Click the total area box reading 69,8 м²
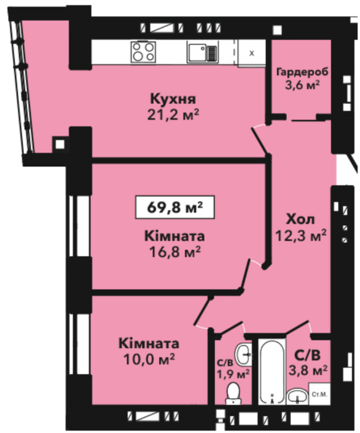tap(175, 207)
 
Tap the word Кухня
tap(173, 99)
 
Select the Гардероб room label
tap(302, 72)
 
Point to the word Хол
tap(301, 220)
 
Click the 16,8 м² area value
tap(174, 252)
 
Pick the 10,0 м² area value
tap(149, 359)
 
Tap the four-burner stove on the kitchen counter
tap(143, 52)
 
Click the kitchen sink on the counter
tap(203, 52)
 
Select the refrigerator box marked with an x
tap(251, 53)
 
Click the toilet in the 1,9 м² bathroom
tap(233, 393)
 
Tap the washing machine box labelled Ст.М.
tap(320, 394)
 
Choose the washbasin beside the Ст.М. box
tap(297, 396)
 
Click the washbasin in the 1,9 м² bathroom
tap(243, 354)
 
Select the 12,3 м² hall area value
tap(301, 236)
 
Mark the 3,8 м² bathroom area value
tap(308, 370)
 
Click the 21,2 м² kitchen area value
tap(173, 115)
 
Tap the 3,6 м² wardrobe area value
tap(302, 85)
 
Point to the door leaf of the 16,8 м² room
tap(245, 275)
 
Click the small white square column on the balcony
tap(60, 144)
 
